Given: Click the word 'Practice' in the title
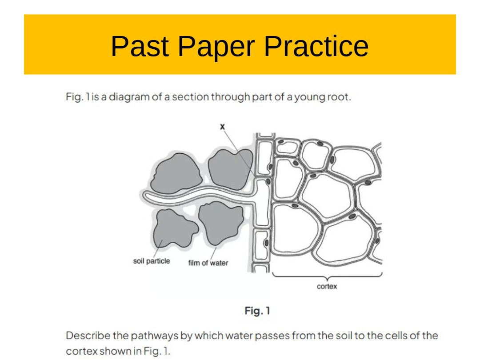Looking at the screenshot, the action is coord(316,46).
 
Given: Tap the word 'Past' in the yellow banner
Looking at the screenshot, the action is coord(140,46).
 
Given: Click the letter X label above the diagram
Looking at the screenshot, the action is coord(223,126).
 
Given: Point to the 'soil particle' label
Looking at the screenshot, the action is coord(152,261).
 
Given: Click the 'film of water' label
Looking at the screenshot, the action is coord(208,263).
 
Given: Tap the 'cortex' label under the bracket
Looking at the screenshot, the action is coord(327,287).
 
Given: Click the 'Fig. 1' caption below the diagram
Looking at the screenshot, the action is coord(257,311).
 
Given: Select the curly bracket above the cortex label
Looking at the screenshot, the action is coord(327,277).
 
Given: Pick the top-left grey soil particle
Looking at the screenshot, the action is coord(176,174).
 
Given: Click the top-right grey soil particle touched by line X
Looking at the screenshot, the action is coord(230,169).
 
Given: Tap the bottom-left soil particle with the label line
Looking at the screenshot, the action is coord(175,228).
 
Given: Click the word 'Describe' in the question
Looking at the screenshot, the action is coord(88,336).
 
